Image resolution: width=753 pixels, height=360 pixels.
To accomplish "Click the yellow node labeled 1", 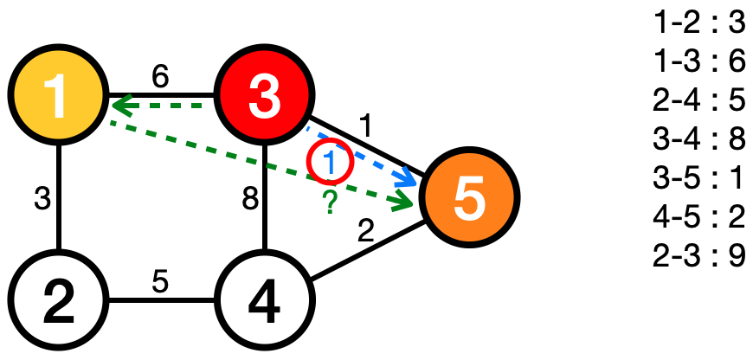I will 57,96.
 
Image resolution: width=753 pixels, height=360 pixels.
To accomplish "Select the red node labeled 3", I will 263,96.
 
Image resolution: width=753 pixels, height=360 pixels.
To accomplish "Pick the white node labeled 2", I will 57,302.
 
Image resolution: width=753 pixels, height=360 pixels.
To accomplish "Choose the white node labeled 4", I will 263,302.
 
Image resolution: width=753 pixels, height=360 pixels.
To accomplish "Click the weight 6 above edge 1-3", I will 160,76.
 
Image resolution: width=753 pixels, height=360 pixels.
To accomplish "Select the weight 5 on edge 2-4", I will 160,283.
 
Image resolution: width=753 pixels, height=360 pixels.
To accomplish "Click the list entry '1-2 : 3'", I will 699,23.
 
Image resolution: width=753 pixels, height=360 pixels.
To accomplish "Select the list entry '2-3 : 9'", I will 699,257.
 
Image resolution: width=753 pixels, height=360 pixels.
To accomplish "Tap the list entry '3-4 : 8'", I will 699,140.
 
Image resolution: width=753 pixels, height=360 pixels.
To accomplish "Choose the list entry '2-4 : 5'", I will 699,101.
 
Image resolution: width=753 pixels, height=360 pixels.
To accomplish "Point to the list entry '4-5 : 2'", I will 699,218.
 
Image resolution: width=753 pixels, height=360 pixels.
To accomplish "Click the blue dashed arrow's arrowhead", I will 406,179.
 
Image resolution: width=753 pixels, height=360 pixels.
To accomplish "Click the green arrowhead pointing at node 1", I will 119,106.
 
